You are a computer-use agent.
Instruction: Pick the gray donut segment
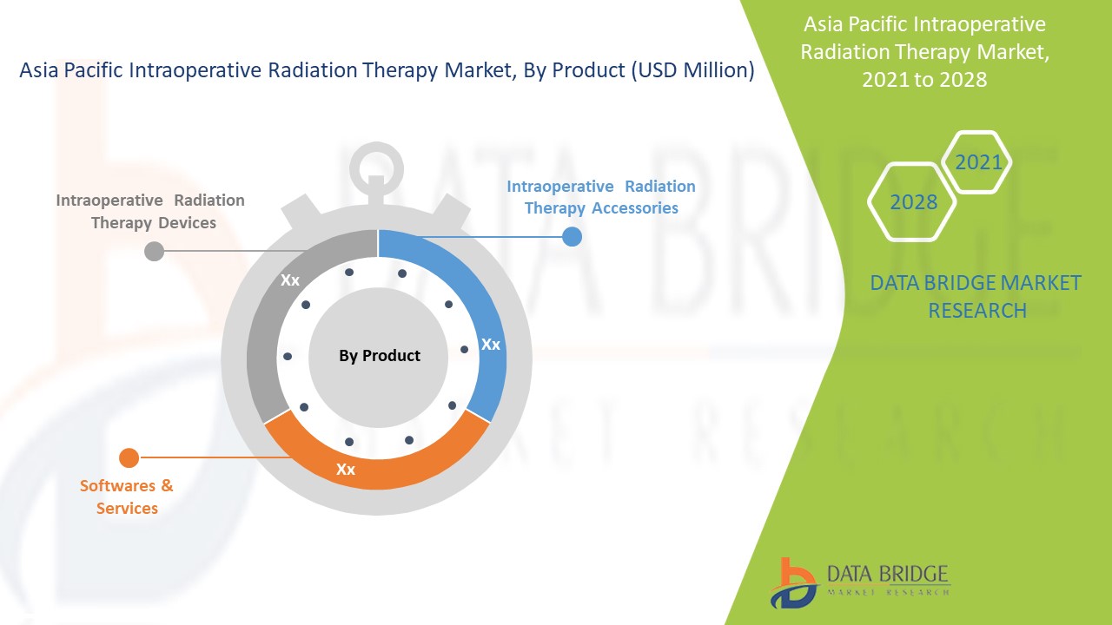pyautogui.click(x=269, y=339)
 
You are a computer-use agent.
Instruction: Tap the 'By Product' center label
pyautogui.click(x=379, y=356)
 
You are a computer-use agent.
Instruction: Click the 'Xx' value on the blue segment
pyautogui.click(x=491, y=345)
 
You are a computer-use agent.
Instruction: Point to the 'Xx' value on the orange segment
pyautogui.click(x=346, y=470)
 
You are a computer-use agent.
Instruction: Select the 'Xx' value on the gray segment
pyautogui.click(x=290, y=280)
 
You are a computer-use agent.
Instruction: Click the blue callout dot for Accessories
pyautogui.click(x=572, y=236)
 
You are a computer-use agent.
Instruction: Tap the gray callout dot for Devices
pyautogui.click(x=154, y=252)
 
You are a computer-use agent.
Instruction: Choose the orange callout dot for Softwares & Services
pyautogui.click(x=129, y=457)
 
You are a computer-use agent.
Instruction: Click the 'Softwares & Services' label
pyautogui.click(x=127, y=497)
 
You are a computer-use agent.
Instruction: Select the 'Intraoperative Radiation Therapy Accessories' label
pyautogui.click(x=601, y=197)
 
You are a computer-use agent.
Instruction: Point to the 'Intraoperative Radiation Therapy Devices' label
pyautogui.click(x=151, y=211)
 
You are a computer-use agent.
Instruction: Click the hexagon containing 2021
pyautogui.click(x=977, y=162)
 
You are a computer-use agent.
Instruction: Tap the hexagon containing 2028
pyautogui.click(x=913, y=202)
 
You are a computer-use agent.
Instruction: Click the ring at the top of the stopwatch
pyautogui.click(x=376, y=166)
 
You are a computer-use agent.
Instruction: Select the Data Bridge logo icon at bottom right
pyautogui.click(x=793, y=582)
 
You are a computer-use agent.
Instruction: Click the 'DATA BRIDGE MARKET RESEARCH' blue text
pyautogui.click(x=976, y=296)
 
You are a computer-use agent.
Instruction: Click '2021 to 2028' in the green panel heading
pyautogui.click(x=924, y=79)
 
